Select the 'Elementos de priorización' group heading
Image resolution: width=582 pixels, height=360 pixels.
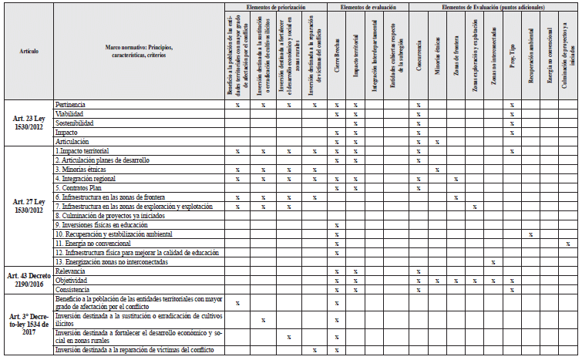click(x=275, y=7)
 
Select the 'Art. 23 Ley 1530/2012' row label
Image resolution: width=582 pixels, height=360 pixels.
click(x=28, y=123)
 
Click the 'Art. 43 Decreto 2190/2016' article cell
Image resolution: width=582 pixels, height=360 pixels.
click(x=28, y=280)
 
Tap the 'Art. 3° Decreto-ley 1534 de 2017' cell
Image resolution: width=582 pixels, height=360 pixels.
click(x=28, y=321)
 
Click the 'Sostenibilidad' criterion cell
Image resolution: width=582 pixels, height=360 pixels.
click(x=75, y=123)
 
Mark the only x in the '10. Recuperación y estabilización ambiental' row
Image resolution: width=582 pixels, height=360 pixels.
click(x=530, y=234)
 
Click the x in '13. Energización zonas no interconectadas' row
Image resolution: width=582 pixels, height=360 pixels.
click(x=493, y=262)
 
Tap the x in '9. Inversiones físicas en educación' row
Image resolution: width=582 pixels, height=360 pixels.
click(x=337, y=224)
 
